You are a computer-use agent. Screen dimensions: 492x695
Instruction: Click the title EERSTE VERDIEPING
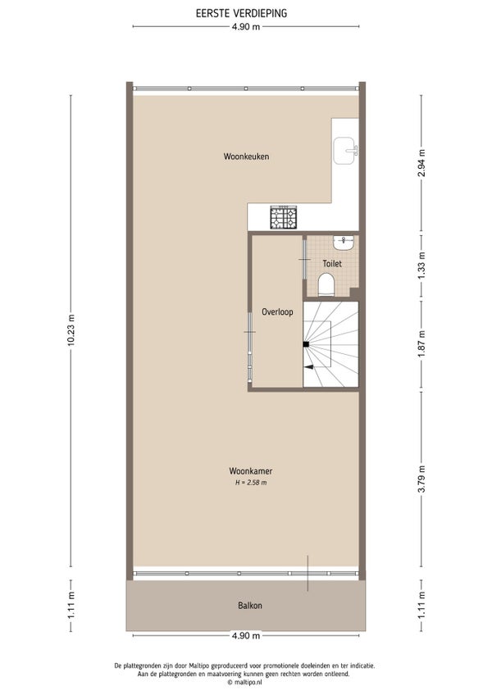pos(241,13)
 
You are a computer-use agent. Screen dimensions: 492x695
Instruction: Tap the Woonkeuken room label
pos(246,157)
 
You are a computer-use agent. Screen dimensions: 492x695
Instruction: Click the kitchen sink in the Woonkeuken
pos(345,151)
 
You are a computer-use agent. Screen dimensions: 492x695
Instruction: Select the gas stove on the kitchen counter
pos(284,218)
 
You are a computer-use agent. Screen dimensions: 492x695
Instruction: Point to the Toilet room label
pos(332,264)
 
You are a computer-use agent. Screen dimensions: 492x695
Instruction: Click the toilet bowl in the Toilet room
pos(326,284)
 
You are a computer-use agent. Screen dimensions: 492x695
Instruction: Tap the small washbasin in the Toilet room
pos(344,242)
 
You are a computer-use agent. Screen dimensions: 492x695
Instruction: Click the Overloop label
pos(277,312)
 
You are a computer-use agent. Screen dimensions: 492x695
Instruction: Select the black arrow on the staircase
pos(309,367)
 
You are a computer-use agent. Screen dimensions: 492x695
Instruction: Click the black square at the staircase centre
pos(306,344)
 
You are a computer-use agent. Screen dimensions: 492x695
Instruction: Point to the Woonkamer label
pos(251,470)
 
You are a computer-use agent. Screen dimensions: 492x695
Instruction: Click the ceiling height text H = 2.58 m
pos(251,483)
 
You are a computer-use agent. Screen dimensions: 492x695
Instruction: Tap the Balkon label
pos(250,606)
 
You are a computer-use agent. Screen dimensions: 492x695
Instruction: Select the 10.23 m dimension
pos(71,331)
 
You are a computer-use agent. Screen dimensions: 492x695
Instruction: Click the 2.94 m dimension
pos(421,162)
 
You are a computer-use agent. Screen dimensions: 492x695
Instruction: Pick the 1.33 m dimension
pos(421,266)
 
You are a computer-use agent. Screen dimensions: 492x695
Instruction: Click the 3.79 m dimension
pos(421,479)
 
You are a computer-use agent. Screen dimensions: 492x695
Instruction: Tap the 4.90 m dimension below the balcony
pos(246,636)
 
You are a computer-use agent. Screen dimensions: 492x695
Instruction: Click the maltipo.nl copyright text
pos(244,683)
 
